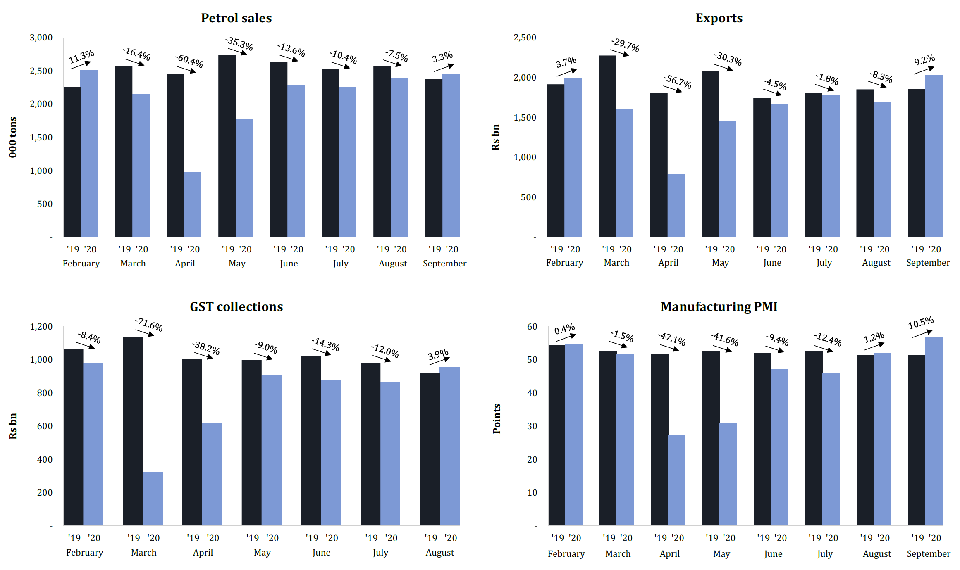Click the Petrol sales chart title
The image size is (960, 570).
point(236,18)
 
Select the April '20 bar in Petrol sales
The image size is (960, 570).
point(193,204)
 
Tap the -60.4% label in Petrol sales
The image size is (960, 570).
point(189,61)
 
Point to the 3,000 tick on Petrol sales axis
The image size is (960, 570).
point(41,38)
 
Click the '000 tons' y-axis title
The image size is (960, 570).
point(13,137)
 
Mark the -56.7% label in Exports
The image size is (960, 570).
point(678,81)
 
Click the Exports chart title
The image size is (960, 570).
point(719,18)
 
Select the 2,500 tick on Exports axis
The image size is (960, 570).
point(525,38)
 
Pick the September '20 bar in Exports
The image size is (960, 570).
point(934,156)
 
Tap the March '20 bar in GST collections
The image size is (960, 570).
point(153,499)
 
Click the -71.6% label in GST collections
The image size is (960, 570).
point(149,325)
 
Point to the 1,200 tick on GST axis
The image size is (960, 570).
point(41,327)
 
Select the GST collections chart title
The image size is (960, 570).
point(236,306)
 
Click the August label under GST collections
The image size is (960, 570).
point(440,553)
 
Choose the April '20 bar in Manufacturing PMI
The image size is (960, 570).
point(677,480)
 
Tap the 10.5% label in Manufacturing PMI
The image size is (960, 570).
point(921,323)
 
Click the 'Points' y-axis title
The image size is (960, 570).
point(497,418)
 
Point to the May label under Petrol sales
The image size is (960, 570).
point(237,264)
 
